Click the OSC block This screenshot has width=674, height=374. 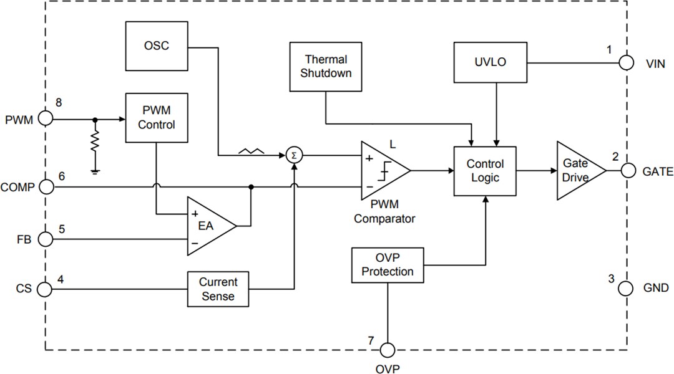[157, 46]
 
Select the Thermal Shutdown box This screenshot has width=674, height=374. [326, 66]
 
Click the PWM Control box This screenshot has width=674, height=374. [157, 118]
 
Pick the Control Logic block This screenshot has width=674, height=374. [484, 171]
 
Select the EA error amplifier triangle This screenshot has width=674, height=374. [207, 226]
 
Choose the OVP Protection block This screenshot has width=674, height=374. [388, 264]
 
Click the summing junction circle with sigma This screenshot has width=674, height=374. [293, 155]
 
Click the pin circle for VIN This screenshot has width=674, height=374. [627, 62]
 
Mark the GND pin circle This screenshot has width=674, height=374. [627, 288]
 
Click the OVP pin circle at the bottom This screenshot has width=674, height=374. [388, 350]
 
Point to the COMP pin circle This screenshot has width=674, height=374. [46, 186]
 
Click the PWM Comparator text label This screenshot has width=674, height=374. [384, 213]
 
